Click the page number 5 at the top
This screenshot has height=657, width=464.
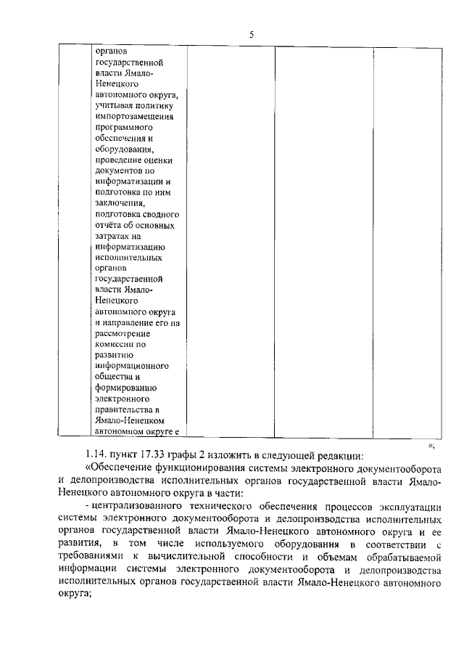(251, 34)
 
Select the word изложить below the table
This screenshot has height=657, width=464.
(235, 456)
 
